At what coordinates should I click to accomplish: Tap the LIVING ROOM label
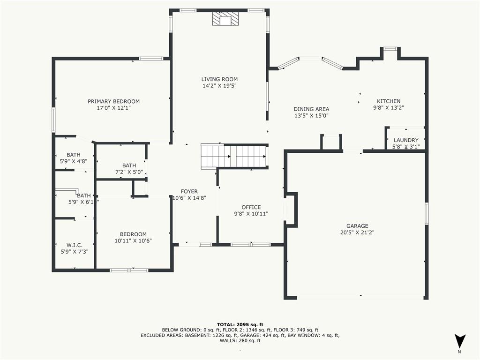[219, 79]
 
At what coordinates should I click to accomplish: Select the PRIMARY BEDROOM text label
[113, 101]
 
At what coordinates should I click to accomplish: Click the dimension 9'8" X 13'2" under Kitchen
[389, 107]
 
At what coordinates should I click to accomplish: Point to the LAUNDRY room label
[405, 140]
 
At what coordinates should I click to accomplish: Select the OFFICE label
[251, 207]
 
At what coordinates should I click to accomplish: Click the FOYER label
[189, 191]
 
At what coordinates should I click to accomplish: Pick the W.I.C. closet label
[75, 245]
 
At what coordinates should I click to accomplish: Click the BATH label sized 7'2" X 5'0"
[129, 165]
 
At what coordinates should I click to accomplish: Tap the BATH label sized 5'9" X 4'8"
[73, 155]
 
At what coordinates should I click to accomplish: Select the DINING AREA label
[311, 109]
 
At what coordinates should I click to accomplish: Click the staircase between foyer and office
[234, 156]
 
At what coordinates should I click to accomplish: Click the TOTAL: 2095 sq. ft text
[240, 324]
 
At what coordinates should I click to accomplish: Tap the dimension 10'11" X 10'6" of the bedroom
[133, 240]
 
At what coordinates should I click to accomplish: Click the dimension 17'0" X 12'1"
[113, 108]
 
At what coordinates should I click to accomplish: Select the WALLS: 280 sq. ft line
[240, 341]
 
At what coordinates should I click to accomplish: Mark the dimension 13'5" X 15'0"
[311, 116]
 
